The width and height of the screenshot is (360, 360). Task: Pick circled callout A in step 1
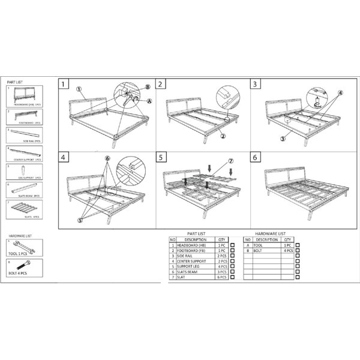point(148,102)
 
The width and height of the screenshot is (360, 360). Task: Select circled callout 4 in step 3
point(340,93)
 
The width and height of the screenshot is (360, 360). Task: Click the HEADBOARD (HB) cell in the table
point(193,245)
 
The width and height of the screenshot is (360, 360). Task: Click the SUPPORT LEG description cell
point(193,267)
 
